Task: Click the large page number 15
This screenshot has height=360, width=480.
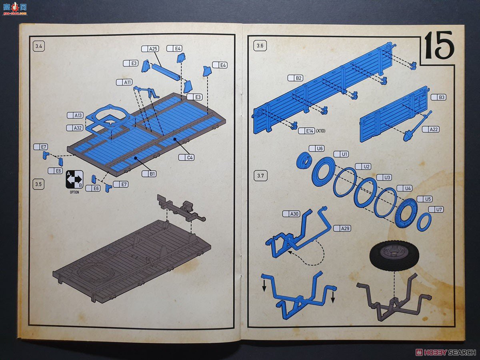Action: coord(439,45)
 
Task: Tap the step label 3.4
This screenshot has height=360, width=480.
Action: coord(39,46)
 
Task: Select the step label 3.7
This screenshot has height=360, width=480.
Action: coord(260,176)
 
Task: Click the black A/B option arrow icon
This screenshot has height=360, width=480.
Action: coord(74,180)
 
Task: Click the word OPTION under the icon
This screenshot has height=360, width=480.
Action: coord(74,192)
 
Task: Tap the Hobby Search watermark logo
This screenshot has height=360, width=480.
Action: coord(446,352)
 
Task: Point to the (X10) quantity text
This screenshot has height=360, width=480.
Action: coord(321,131)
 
